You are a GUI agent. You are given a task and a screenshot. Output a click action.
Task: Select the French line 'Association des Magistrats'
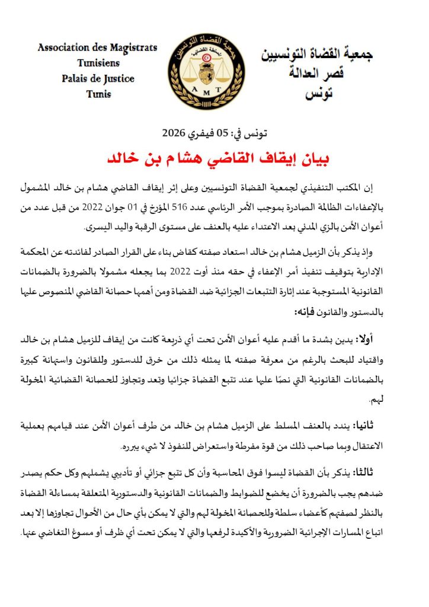tap(97, 48)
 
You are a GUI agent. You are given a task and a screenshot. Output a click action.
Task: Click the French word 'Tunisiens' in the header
tap(98, 63)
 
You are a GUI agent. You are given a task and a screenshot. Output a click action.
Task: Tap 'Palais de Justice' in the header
tap(97, 78)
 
